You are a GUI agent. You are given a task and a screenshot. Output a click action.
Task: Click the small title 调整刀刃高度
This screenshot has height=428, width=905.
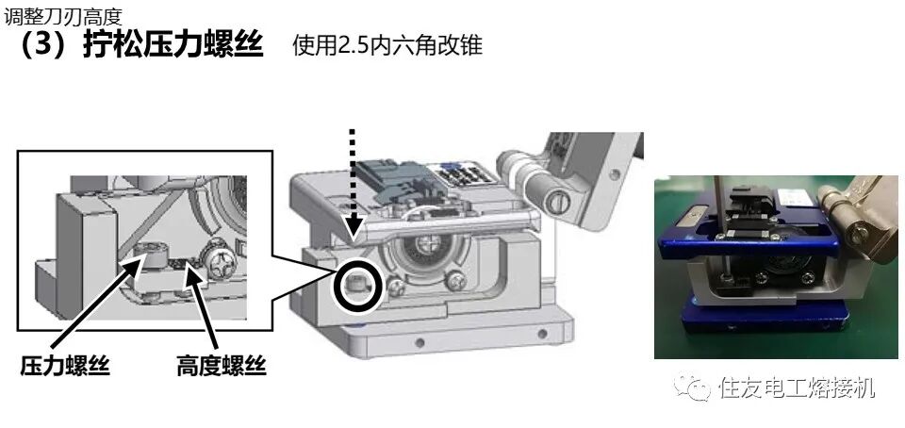63,16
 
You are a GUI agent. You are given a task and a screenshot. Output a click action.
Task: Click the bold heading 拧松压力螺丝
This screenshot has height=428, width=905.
173,44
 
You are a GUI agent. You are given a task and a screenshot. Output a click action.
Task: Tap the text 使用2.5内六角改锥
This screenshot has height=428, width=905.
387,45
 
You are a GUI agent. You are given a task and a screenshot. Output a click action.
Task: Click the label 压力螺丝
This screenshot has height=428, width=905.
65,365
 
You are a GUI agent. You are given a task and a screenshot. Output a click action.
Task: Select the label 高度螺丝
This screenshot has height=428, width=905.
221,365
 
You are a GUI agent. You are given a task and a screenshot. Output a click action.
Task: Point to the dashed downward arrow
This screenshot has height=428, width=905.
353,184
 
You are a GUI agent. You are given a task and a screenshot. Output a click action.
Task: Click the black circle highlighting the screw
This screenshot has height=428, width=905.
360,284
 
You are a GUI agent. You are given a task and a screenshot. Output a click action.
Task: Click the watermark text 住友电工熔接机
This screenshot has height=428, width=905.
797,387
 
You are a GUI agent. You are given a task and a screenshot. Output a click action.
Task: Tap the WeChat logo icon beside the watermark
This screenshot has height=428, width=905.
692,387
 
